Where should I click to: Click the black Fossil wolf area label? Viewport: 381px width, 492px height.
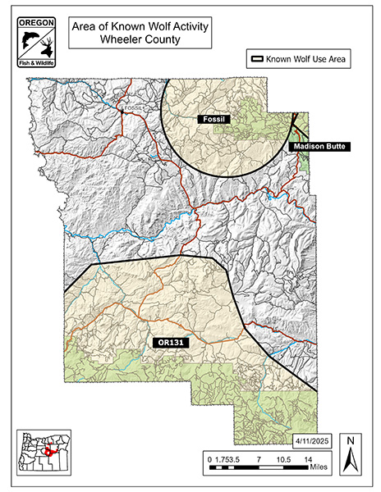click(216, 120)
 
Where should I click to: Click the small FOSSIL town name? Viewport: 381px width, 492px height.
click(132, 107)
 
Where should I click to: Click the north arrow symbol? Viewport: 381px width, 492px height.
click(350, 464)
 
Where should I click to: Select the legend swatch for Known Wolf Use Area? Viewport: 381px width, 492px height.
click(260, 59)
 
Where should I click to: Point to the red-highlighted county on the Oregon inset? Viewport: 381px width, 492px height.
click(51, 450)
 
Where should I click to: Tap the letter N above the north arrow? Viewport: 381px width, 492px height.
click(350, 443)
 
